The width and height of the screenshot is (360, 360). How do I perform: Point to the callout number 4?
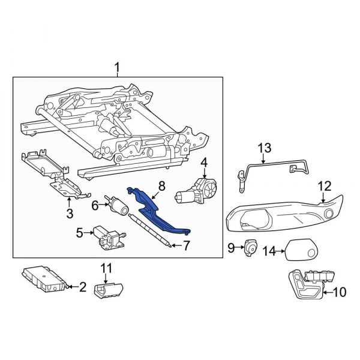(x=203, y=161)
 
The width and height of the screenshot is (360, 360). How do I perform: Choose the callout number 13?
(x=265, y=148)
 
